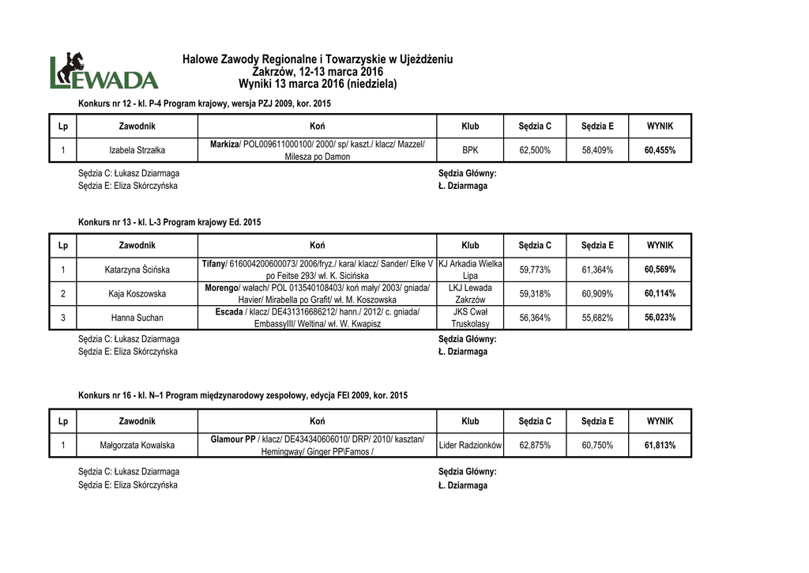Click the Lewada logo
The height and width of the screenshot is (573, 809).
(103, 71)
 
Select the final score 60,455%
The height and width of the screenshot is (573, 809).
(660, 149)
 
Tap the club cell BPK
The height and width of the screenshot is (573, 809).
(470, 149)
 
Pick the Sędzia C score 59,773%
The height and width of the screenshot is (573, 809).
(535, 270)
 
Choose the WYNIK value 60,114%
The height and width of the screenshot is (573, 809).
(660, 294)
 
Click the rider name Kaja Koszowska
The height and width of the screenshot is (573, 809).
(137, 294)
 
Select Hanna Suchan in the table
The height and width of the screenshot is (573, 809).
(137, 318)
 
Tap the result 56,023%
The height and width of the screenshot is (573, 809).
(660, 318)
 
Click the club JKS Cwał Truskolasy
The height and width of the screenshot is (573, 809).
(470, 318)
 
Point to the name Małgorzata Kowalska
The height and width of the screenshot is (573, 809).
(137, 446)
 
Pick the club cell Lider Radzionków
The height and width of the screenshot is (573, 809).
(470, 446)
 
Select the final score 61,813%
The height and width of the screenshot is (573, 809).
(660, 446)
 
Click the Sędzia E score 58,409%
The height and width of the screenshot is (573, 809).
(597, 149)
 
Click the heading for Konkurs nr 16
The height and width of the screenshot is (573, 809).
(243, 394)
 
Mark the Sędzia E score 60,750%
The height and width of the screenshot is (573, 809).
(597, 446)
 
